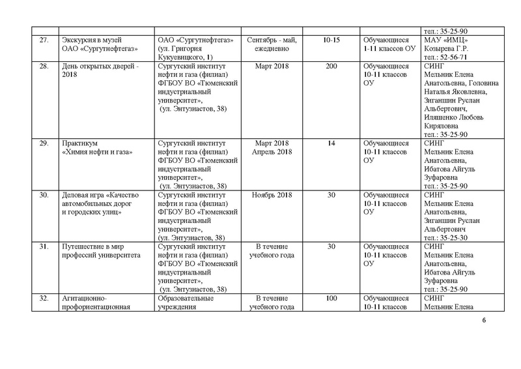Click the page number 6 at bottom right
tap(484, 321)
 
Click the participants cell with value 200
tap(331, 66)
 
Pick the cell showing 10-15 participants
tap(331, 40)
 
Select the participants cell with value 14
tap(331, 143)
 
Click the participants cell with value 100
tap(331, 298)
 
